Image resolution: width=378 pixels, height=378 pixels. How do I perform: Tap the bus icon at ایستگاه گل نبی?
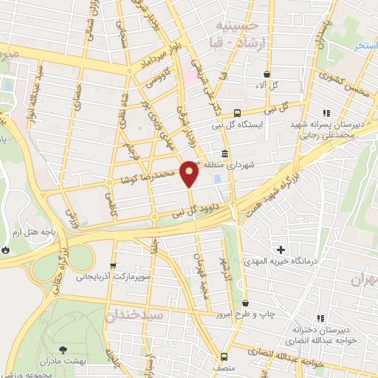pos(237,113)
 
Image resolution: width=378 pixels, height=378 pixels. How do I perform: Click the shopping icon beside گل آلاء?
pos(266,75)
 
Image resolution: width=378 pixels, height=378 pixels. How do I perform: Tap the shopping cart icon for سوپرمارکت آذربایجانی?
pos(112,267)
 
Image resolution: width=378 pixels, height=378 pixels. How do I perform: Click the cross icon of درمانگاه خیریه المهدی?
pos(280,249)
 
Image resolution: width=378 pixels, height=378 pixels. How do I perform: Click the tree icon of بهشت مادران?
pos(61,349)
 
